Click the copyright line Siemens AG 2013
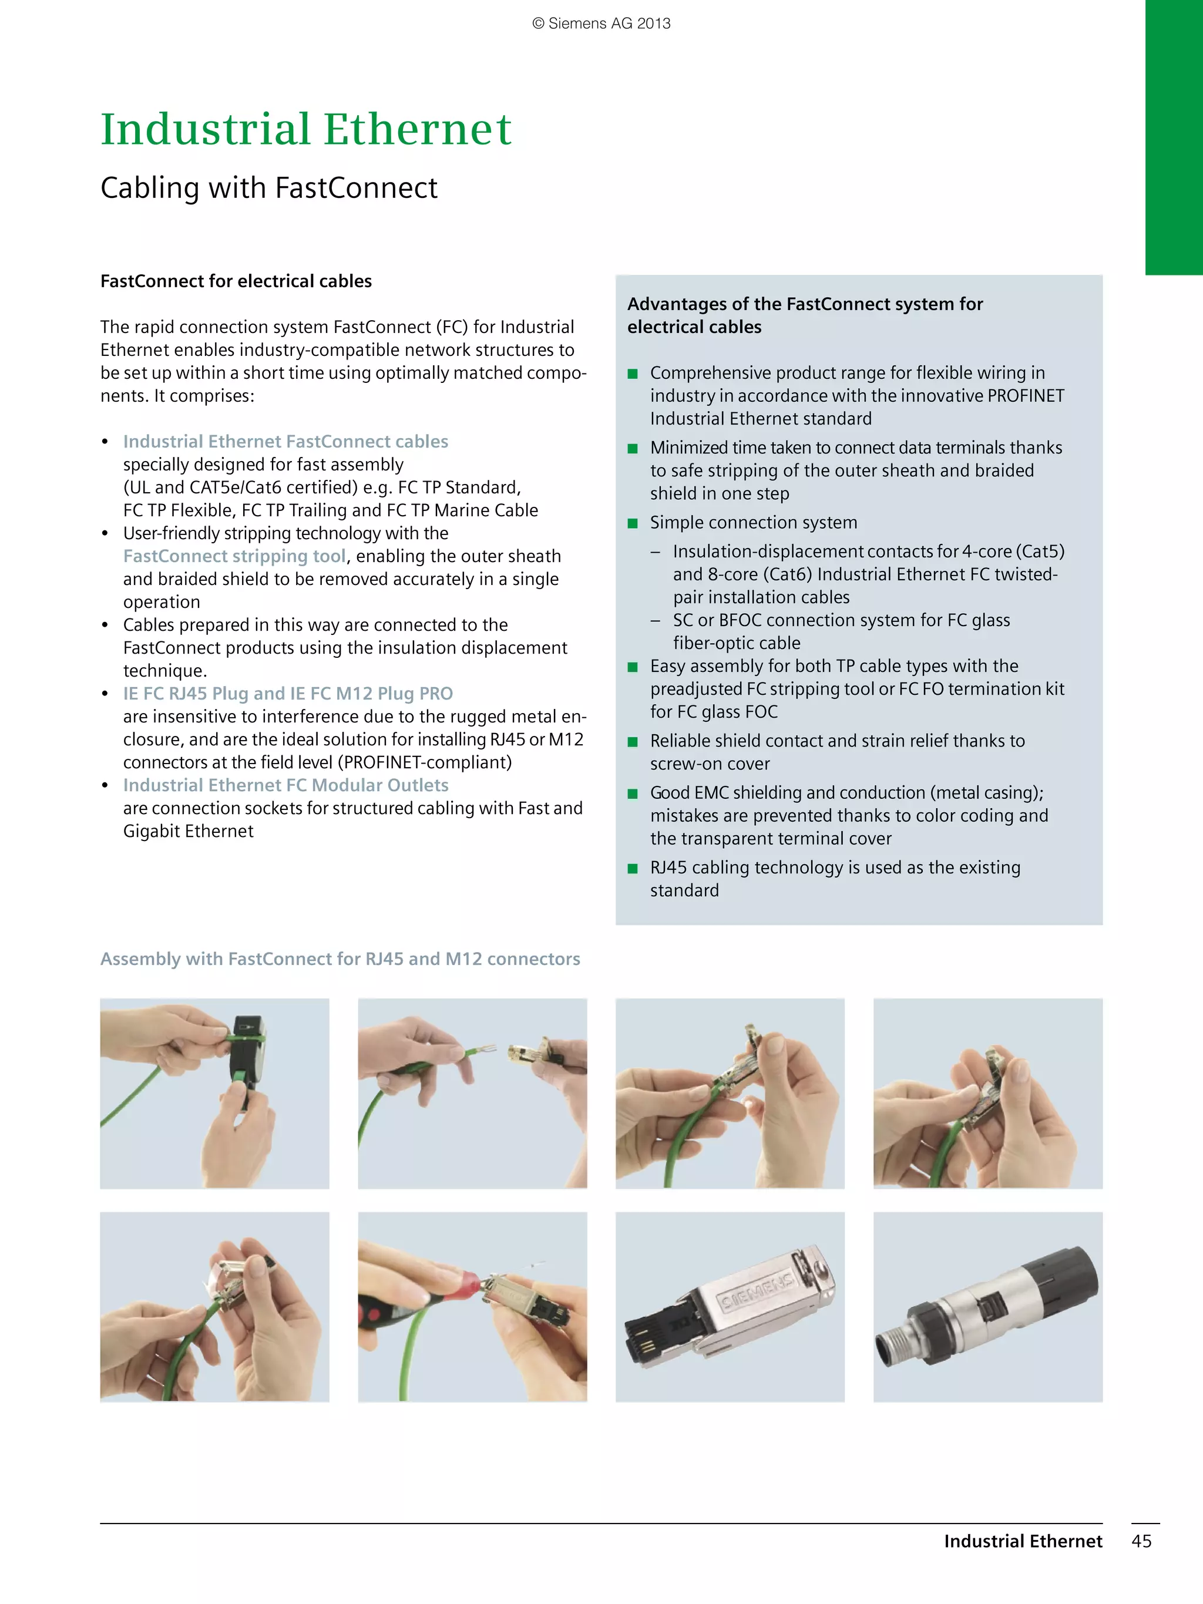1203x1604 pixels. [x=601, y=23]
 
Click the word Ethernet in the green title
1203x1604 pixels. [x=417, y=129]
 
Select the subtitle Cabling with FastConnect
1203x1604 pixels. [x=268, y=188]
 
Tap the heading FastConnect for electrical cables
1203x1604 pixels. [x=236, y=281]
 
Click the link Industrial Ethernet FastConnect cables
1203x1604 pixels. [x=285, y=442]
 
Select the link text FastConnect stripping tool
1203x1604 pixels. [x=234, y=556]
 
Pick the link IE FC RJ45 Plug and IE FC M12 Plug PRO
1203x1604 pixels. [x=287, y=694]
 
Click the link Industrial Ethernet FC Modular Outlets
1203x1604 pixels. [x=285, y=785]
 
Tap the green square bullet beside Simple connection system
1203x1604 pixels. [x=632, y=523]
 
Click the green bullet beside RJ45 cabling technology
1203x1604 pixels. [x=632, y=869]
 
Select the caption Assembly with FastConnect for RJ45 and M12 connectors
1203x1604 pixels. [x=340, y=959]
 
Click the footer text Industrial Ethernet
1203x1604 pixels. [x=1023, y=1541]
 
